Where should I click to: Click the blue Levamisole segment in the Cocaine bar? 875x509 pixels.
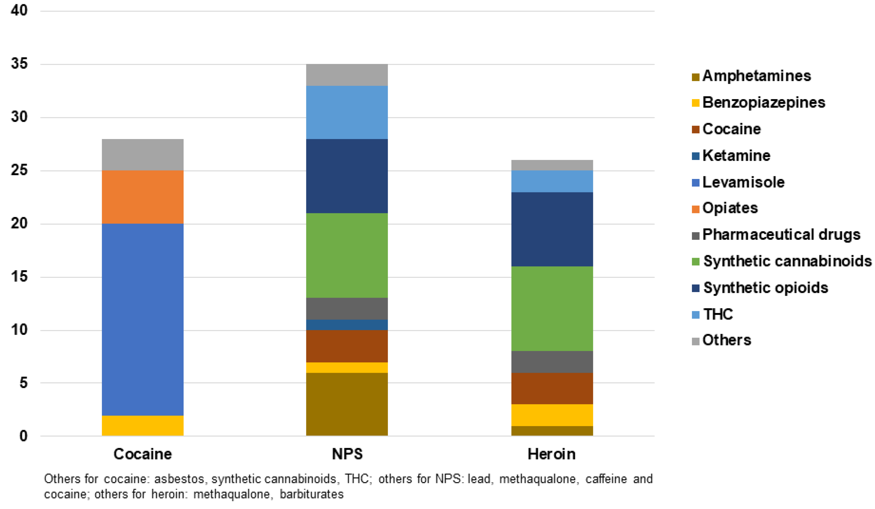click(x=142, y=320)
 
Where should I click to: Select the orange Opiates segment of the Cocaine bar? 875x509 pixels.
click(x=142, y=197)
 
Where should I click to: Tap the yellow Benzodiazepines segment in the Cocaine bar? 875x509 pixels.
click(x=142, y=426)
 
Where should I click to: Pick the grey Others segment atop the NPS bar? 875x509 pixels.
click(x=347, y=75)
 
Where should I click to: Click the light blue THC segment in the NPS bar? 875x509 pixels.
click(x=347, y=112)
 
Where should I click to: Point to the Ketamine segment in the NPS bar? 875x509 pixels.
click(x=347, y=324)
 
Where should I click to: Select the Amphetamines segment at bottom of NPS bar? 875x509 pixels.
click(x=347, y=404)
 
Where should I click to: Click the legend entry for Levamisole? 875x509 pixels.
click(x=743, y=182)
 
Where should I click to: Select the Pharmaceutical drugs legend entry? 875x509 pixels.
click(x=781, y=235)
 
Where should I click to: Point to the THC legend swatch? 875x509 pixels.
click(x=696, y=315)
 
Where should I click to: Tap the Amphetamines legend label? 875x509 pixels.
click(x=756, y=76)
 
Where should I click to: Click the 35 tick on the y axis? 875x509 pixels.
click(x=19, y=64)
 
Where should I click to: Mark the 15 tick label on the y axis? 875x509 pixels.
click(x=19, y=277)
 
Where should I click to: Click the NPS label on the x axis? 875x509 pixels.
click(x=347, y=454)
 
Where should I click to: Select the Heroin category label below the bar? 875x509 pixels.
click(x=551, y=454)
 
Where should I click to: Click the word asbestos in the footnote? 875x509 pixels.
click(x=179, y=479)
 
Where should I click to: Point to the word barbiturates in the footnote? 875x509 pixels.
click(x=311, y=494)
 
